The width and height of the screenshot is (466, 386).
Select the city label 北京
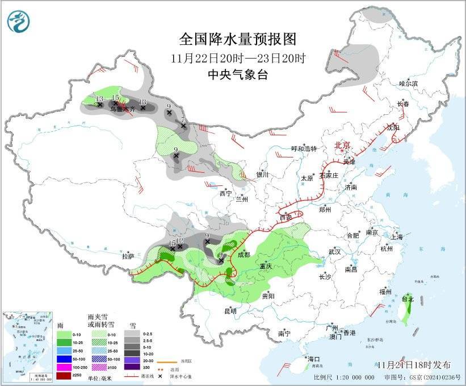tap(343, 146)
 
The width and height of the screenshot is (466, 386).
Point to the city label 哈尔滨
tap(408, 84)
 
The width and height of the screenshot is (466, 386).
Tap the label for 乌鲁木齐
tap(123, 108)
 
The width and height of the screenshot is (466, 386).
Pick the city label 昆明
tap(230, 311)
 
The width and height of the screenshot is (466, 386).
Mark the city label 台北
tap(408, 298)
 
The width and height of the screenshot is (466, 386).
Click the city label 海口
tap(314, 359)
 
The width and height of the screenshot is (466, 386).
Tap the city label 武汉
tap(334, 251)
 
